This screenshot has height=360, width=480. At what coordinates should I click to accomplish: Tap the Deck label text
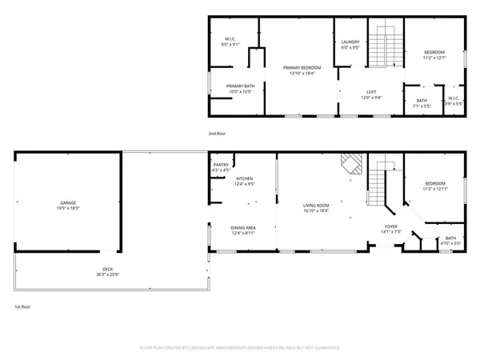tap(107, 271)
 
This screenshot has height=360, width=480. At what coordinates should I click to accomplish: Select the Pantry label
tap(221, 167)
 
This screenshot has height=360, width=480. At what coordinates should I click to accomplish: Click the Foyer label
tap(391, 230)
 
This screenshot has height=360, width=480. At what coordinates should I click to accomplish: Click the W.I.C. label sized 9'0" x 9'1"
tap(229, 42)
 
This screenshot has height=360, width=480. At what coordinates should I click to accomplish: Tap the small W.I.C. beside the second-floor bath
tap(454, 100)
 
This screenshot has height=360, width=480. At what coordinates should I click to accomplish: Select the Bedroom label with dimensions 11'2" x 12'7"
tap(434, 54)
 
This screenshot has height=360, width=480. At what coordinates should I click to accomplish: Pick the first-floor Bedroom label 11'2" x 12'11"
tap(434, 185)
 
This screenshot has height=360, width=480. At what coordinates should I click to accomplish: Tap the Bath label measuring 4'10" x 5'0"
tap(450, 241)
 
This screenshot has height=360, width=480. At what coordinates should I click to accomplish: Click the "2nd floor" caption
tap(216, 134)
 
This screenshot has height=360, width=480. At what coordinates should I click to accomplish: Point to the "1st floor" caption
tap(22, 306)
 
